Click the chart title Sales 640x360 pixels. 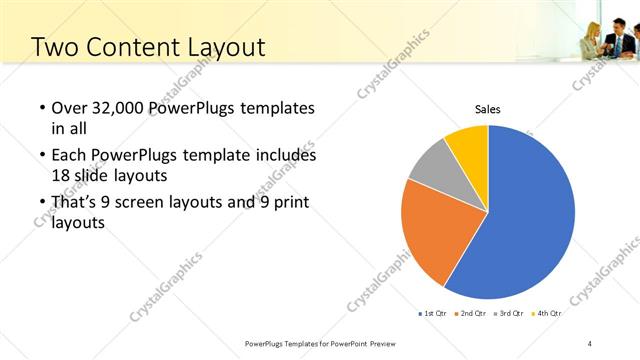coord(487,110)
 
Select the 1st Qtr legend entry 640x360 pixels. coord(433,314)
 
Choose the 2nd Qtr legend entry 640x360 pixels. coord(471,314)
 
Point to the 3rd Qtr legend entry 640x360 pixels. coord(509,314)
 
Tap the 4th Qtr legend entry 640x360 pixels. coord(547,314)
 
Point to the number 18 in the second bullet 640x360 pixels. coord(61,174)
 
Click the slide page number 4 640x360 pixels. coord(590,343)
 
